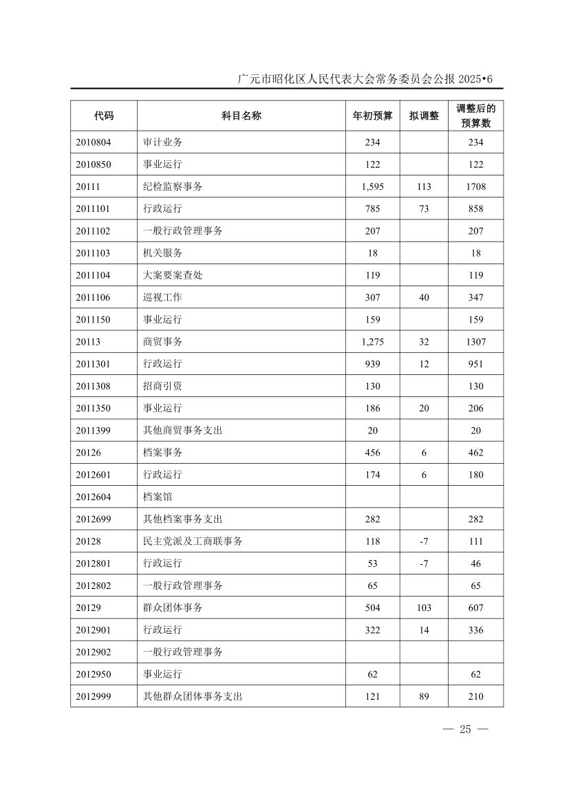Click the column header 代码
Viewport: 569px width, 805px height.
click(x=104, y=116)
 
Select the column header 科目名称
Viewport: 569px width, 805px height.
click(x=241, y=116)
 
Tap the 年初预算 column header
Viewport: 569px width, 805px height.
click(x=372, y=116)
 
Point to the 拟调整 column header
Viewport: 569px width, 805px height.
click(x=424, y=116)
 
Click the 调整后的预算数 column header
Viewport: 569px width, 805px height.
click(x=475, y=116)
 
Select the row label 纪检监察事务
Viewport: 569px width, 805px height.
click(x=173, y=186)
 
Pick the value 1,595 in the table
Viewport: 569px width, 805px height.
click(x=372, y=186)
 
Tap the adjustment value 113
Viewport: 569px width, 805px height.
click(x=424, y=186)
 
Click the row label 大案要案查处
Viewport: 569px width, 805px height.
click(x=173, y=275)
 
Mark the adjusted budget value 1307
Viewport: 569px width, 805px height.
click(x=475, y=341)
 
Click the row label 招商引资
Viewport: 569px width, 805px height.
click(x=162, y=386)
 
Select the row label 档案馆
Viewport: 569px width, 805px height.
click(x=158, y=497)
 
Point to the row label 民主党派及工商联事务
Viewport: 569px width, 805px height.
click(x=193, y=541)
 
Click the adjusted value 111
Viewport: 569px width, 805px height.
click(x=475, y=541)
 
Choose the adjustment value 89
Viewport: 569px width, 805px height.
click(x=424, y=696)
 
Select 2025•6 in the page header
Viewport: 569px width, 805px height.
click(x=475, y=79)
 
